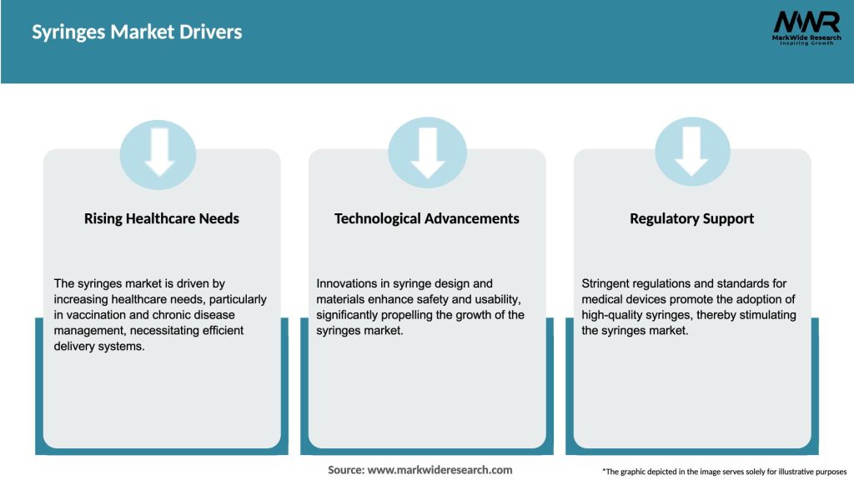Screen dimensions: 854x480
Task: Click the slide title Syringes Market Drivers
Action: [137, 32]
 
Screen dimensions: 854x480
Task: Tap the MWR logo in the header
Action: [806, 27]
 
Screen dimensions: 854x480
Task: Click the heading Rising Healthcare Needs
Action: [162, 219]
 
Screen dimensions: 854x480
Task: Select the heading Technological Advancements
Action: [426, 219]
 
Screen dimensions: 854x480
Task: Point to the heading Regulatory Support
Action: [691, 219]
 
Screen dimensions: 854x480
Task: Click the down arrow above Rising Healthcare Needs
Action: [159, 152]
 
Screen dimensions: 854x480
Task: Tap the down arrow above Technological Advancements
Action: [428, 153]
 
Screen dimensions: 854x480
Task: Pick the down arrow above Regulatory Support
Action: [691, 152]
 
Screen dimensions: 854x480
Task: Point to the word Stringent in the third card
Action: [605, 283]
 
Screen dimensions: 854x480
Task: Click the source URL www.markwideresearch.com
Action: [440, 470]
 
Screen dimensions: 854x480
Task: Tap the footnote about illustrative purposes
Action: [725, 472]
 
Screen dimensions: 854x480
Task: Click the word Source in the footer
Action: [346, 470]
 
